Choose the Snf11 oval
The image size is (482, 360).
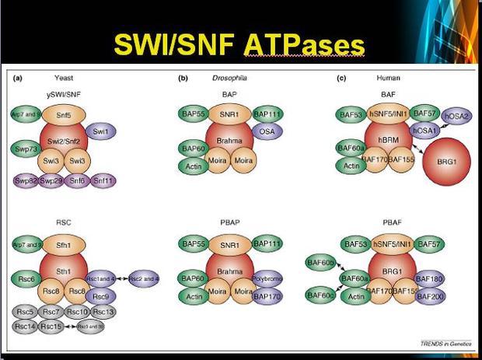103,181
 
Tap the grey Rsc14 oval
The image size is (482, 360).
25,327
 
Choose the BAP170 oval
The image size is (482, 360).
267,296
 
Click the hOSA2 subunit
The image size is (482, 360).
456,116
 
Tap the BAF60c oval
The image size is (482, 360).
320,295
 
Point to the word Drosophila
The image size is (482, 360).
227,78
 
